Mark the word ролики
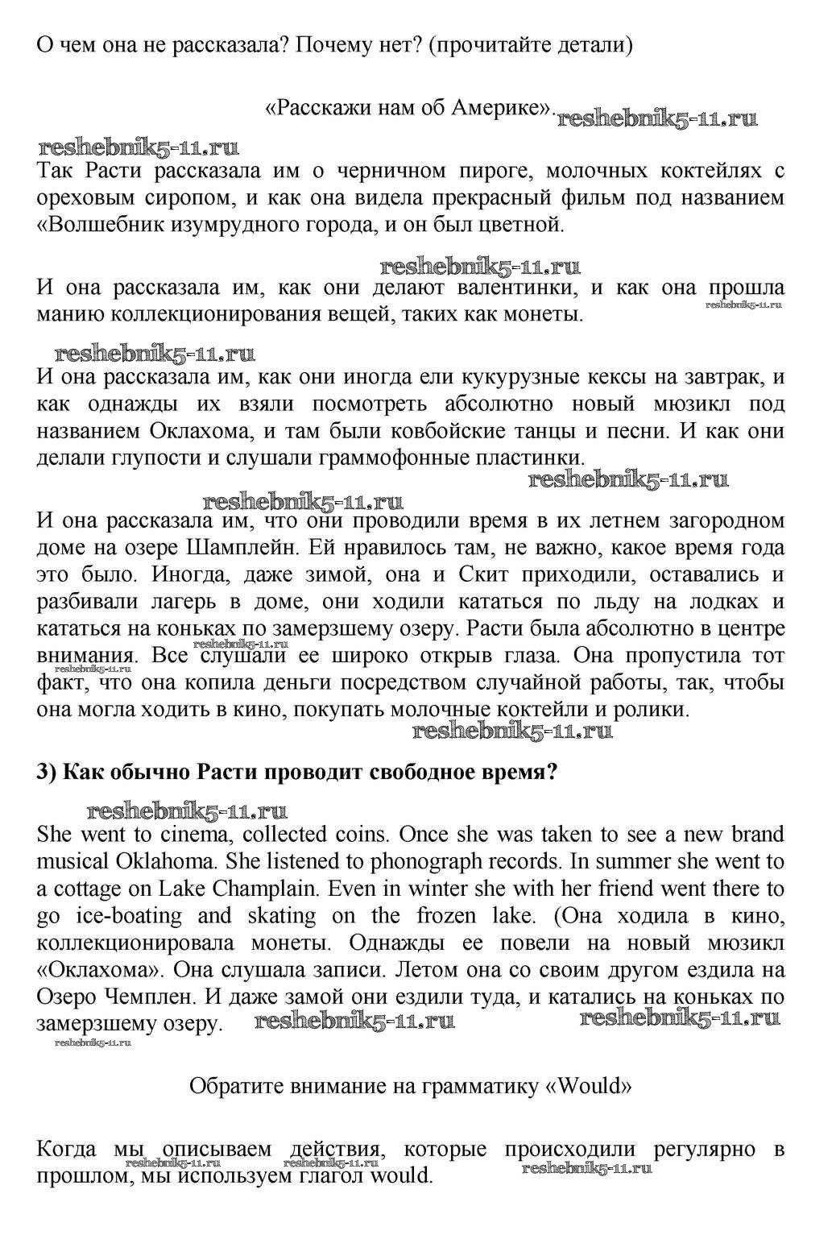[656, 710]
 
